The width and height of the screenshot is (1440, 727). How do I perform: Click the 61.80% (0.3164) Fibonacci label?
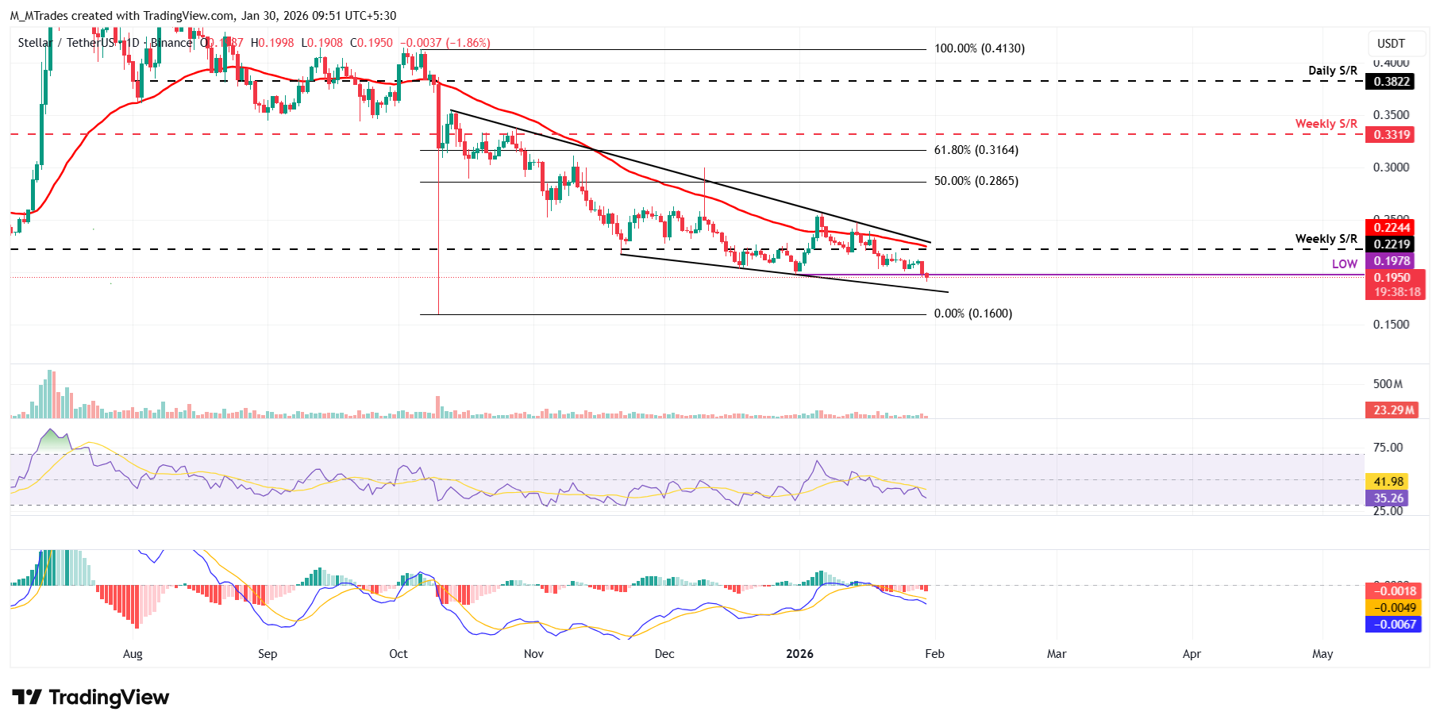[976, 150]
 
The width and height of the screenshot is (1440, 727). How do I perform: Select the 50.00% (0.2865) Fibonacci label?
[976, 181]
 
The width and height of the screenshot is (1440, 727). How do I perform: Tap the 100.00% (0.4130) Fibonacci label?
[979, 48]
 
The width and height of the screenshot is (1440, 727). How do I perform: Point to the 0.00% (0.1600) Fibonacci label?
[972, 313]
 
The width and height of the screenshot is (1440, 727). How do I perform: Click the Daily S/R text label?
[1332, 71]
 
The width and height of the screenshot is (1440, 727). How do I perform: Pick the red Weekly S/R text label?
[1326, 124]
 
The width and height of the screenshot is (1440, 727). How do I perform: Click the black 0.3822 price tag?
[1392, 82]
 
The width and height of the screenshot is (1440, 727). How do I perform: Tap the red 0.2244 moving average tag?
[1392, 228]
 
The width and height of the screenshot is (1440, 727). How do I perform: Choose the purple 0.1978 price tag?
[1392, 261]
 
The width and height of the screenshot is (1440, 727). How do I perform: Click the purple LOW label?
[1344, 264]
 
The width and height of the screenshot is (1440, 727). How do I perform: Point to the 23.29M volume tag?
[1393, 410]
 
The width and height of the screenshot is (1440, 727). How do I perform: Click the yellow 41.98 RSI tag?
[1388, 481]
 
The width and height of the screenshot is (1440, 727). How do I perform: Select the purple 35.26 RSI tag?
[1388, 498]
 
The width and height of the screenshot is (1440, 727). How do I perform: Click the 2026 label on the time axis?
[799, 654]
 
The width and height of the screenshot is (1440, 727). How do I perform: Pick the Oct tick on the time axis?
[399, 654]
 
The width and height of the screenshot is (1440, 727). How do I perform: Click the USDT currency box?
[1391, 44]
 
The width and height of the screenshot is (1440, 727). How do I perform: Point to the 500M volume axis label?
[1388, 384]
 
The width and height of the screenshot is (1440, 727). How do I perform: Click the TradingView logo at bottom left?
[90, 698]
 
